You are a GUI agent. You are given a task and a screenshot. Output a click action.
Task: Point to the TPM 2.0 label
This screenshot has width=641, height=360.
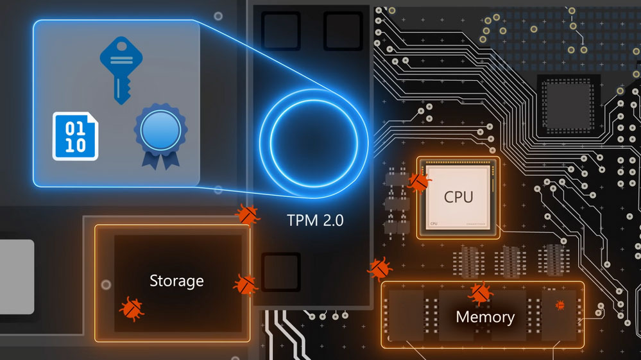tap(314, 221)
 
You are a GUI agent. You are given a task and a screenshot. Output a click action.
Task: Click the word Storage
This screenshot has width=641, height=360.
tap(176, 280)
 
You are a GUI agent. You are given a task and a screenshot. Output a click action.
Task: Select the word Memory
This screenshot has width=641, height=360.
tap(484, 316)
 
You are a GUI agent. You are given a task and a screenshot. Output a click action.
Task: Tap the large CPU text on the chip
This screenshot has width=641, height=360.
tap(458, 196)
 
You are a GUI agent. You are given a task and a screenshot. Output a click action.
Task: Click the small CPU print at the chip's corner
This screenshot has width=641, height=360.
tap(434, 223)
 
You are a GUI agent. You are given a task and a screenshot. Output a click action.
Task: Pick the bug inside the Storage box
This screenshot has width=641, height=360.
tap(132, 308)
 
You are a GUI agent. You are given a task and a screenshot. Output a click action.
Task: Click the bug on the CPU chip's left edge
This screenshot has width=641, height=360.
tap(418, 182)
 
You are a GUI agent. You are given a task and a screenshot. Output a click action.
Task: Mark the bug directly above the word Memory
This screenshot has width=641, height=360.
tap(479, 293)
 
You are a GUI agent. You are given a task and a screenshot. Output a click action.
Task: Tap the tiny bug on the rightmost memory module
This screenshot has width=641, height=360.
tap(560, 304)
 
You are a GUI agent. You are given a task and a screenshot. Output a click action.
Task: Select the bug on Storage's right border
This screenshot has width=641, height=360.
tap(245, 284)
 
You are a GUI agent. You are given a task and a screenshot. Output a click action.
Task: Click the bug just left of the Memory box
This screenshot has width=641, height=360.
tap(380, 269)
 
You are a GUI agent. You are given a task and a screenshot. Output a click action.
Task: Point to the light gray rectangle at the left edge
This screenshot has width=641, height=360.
tap(17, 277)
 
